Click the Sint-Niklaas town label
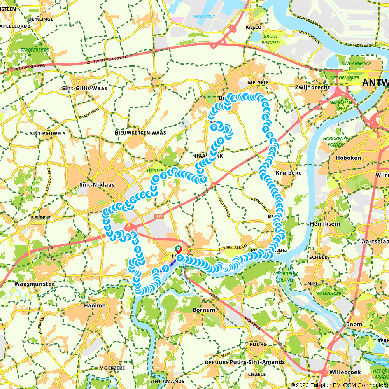coord(96,184)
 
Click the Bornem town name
coord(203,310)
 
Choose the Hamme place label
coord(95,305)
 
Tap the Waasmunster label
coord(34,284)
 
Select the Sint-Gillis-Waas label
coord(84,88)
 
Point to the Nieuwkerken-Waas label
coord(140,133)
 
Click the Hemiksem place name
coord(325,224)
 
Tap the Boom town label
coord(354,324)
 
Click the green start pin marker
coord(179,249)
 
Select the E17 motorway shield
coord(159,217)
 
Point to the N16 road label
coord(212,296)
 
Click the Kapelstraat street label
coord(235,247)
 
